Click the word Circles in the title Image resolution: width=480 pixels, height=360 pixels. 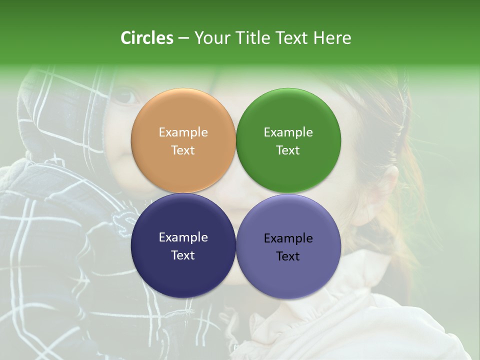[146, 38]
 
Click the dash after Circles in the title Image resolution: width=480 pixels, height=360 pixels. [183, 38]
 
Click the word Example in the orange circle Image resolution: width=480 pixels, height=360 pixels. [183, 132]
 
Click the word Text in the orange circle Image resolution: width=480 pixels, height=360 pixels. [183, 150]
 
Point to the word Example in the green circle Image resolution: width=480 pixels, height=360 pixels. [288, 132]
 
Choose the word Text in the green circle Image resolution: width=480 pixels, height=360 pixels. [288, 150]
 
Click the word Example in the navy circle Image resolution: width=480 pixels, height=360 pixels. [183, 237]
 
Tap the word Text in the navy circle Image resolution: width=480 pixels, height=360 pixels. [183, 255]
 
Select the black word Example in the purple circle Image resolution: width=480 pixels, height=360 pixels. [288, 238]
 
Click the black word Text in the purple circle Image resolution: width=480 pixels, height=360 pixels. [288, 256]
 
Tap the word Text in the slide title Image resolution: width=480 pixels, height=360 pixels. [292, 38]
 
